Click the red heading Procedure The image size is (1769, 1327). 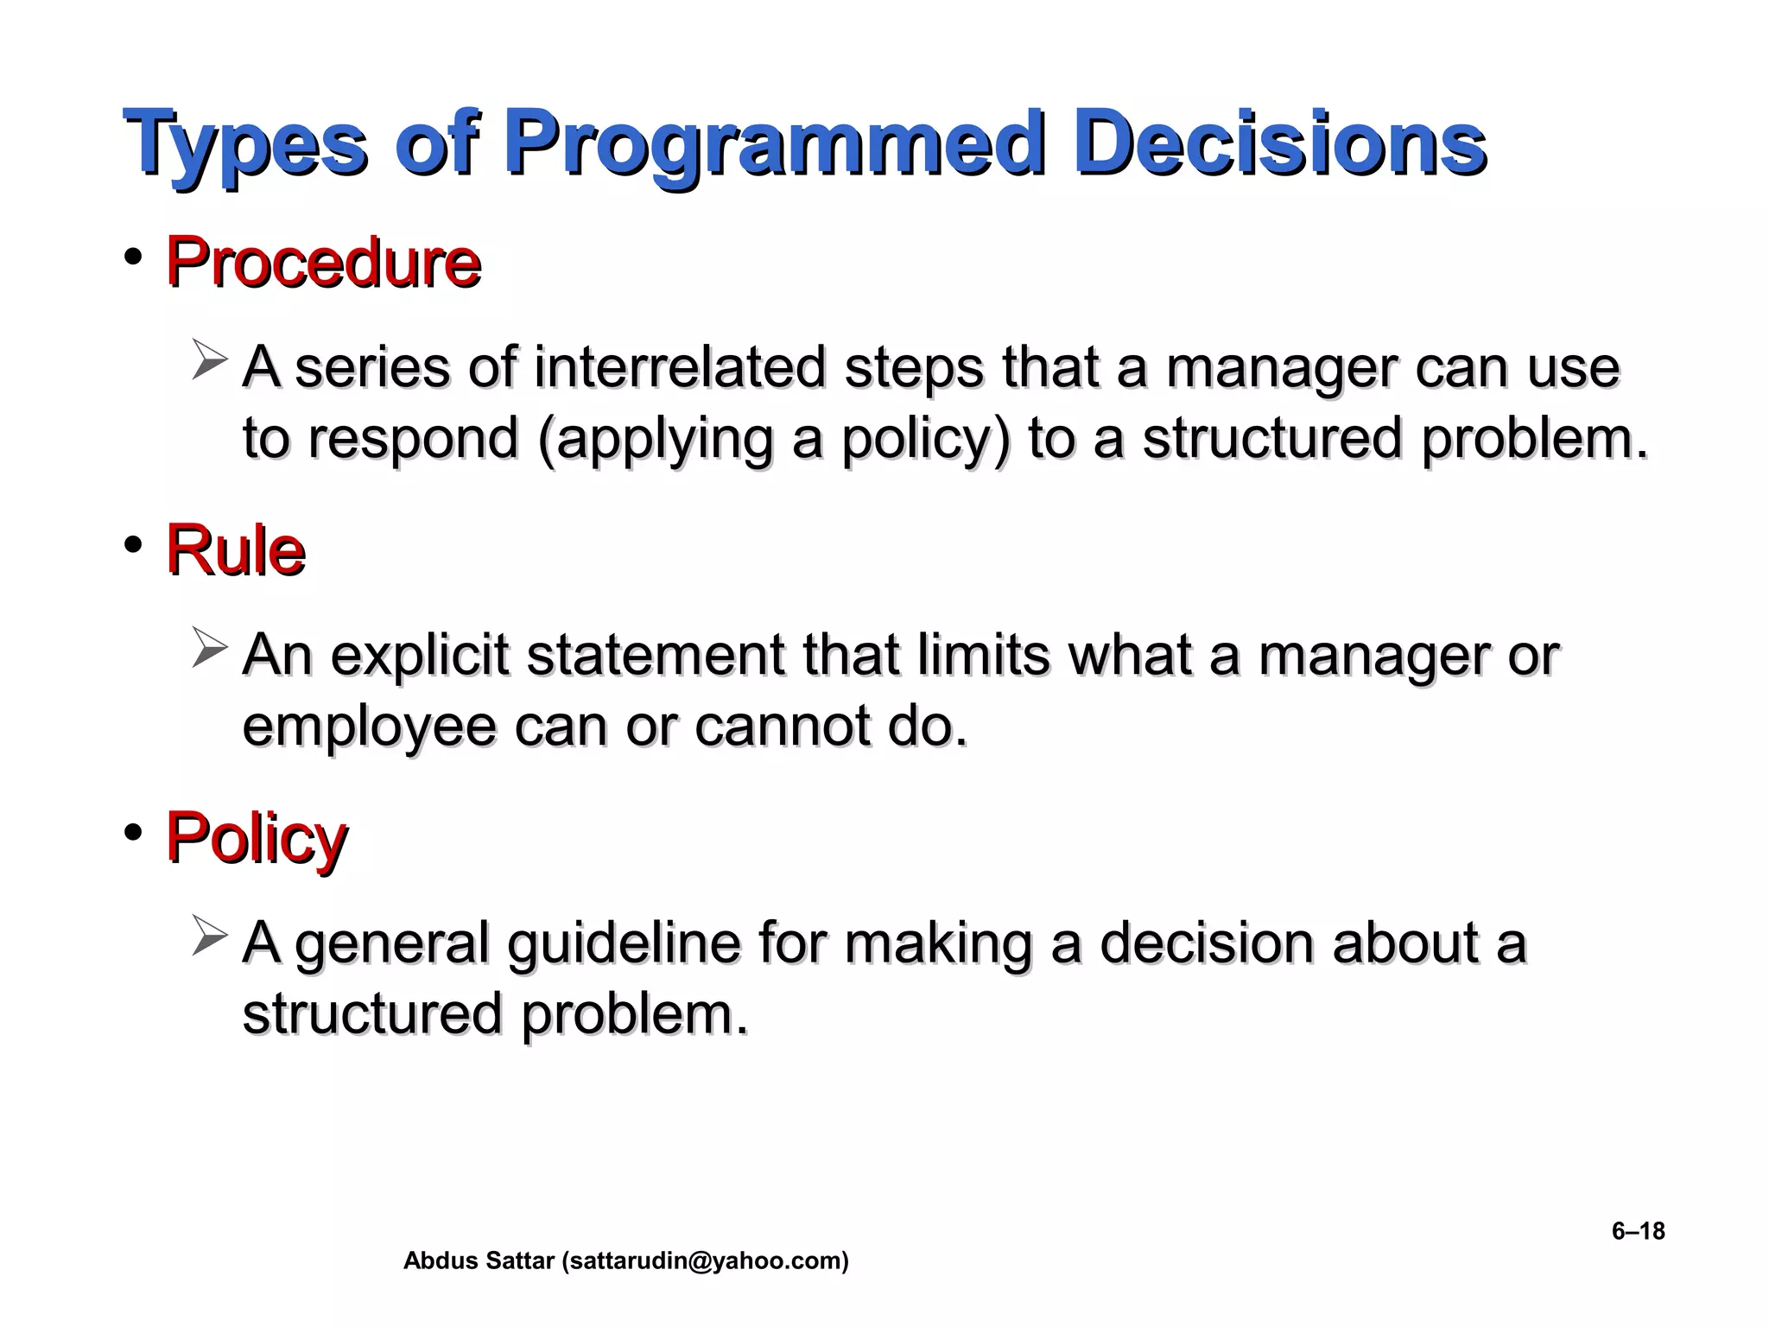pyautogui.click(x=323, y=263)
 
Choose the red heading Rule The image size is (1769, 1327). pyautogui.click(x=235, y=550)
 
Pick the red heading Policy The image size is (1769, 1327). pyautogui.click(x=257, y=838)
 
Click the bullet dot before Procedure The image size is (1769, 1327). pyautogui.click(x=132, y=257)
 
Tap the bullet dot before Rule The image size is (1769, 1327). pyautogui.click(x=132, y=545)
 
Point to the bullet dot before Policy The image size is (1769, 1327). pyautogui.click(x=132, y=833)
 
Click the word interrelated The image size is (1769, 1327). pyautogui.click(x=680, y=367)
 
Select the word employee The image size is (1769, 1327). pyautogui.click(x=369, y=727)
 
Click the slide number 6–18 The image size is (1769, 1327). pyautogui.click(x=1638, y=1231)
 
